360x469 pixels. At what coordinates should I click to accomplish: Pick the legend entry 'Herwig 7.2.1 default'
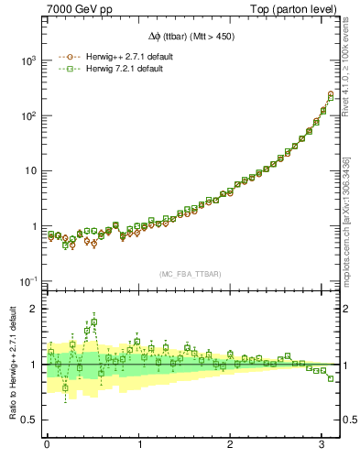(x=125, y=69)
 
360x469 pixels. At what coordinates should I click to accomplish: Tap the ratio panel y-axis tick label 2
(x=35, y=309)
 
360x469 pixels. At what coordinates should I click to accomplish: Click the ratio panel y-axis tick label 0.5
(x=30, y=420)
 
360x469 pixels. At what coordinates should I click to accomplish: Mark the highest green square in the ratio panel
(x=93, y=322)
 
